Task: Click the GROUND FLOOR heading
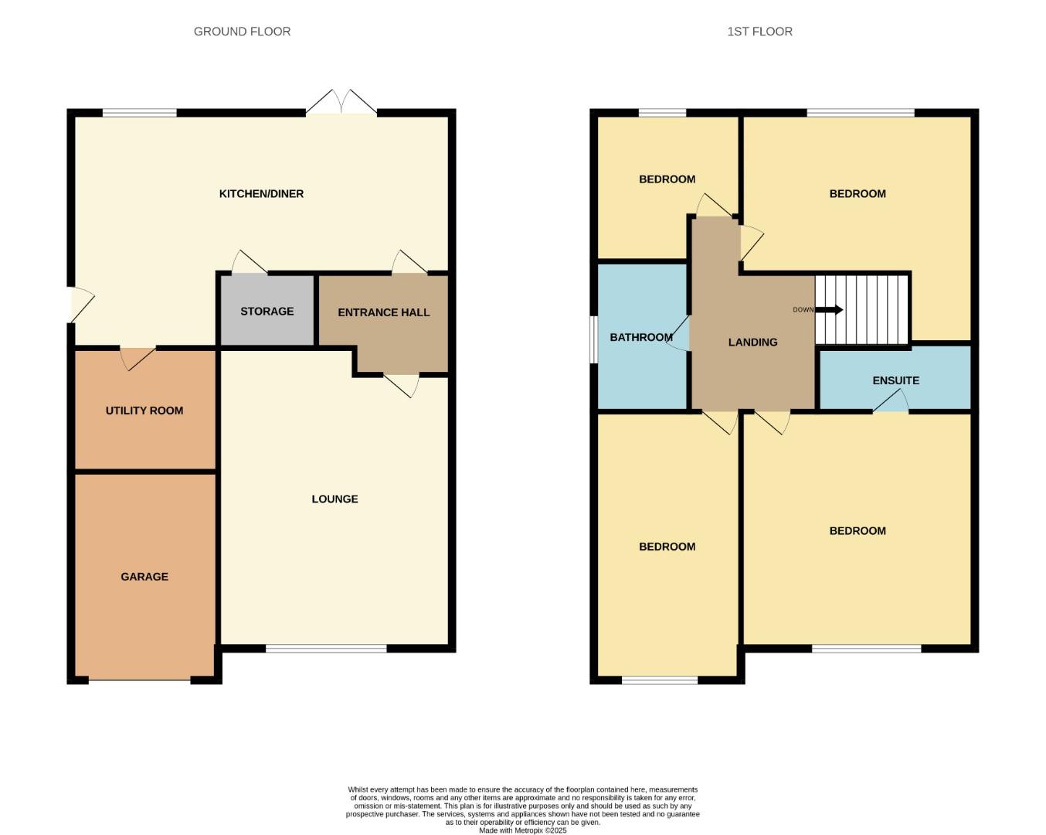tap(242, 32)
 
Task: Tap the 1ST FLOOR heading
tap(759, 32)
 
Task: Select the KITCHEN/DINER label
tap(261, 193)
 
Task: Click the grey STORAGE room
tap(267, 311)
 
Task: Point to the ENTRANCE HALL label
tap(384, 312)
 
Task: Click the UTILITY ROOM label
tap(144, 411)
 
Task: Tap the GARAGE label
tap(144, 577)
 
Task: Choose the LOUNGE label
tap(335, 499)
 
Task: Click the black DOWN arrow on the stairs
tap(829, 310)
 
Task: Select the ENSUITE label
tap(896, 380)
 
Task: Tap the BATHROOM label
tap(641, 337)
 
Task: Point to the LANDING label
tap(753, 343)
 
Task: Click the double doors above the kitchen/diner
tap(341, 102)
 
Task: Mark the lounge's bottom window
tap(326, 648)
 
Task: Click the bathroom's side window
tap(593, 339)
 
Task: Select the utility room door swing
tap(138, 359)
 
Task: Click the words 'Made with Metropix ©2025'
tap(523, 830)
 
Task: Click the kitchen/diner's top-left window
tap(140, 113)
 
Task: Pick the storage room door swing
tap(250, 262)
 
